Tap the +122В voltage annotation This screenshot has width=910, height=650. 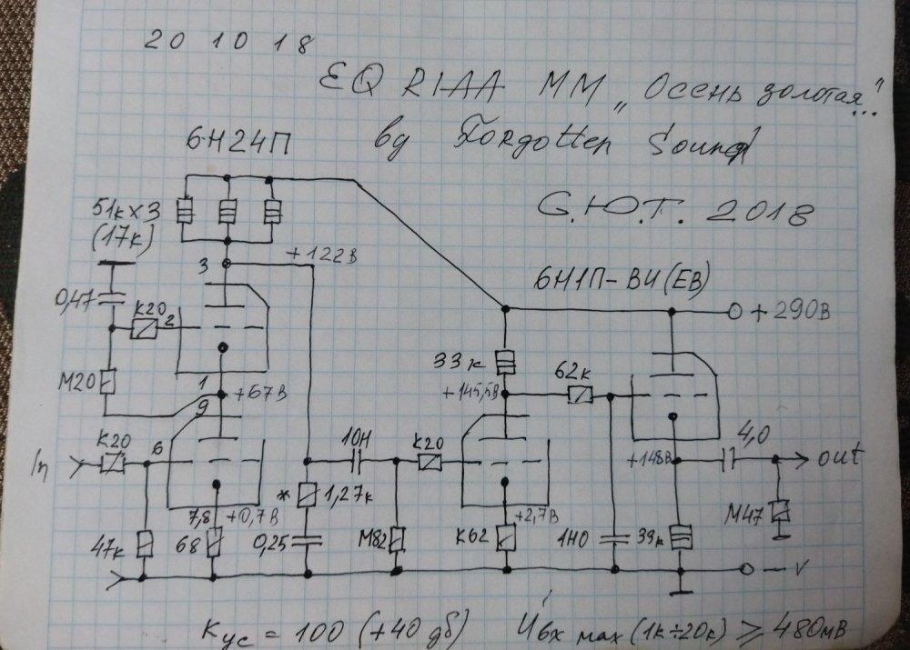click(x=318, y=255)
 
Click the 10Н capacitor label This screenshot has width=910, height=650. click(x=353, y=446)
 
